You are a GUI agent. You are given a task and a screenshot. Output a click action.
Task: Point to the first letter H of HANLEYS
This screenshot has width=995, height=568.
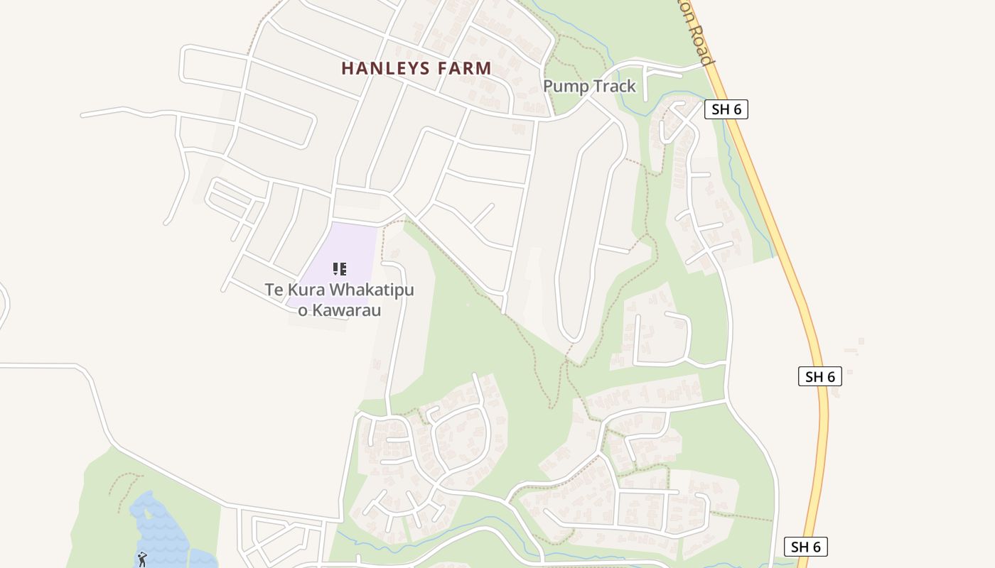(x=348, y=68)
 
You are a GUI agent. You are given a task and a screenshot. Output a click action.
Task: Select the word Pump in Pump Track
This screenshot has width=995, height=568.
(x=565, y=87)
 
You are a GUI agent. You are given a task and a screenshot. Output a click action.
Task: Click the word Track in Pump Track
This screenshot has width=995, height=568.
(x=614, y=87)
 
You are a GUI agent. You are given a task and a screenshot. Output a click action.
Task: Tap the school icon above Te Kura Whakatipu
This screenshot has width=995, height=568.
(x=340, y=269)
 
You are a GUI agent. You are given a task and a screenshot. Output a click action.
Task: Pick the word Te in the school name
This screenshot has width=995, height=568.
(x=274, y=290)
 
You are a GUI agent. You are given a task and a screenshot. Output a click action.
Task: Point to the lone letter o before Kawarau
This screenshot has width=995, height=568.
(x=302, y=311)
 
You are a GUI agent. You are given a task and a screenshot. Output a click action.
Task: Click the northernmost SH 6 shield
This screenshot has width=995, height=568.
(x=726, y=109)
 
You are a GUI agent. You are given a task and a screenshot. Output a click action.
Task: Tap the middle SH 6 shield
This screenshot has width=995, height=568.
(x=819, y=376)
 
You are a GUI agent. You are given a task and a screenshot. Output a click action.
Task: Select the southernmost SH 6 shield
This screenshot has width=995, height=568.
(x=806, y=547)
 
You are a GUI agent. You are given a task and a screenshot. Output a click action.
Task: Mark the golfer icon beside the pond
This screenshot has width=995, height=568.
(x=142, y=559)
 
